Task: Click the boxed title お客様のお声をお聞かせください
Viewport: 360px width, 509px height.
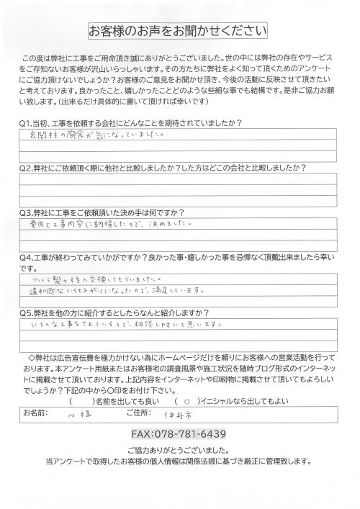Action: pyautogui.click(x=177, y=32)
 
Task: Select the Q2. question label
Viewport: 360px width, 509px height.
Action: pyautogui.click(x=28, y=168)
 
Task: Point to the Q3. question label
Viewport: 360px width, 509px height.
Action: pyautogui.click(x=28, y=213)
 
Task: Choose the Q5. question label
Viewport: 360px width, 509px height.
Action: pyautogui.click(x=28, y=314)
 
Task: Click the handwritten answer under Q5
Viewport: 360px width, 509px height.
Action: pyautogui.click(x=122, y=326)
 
